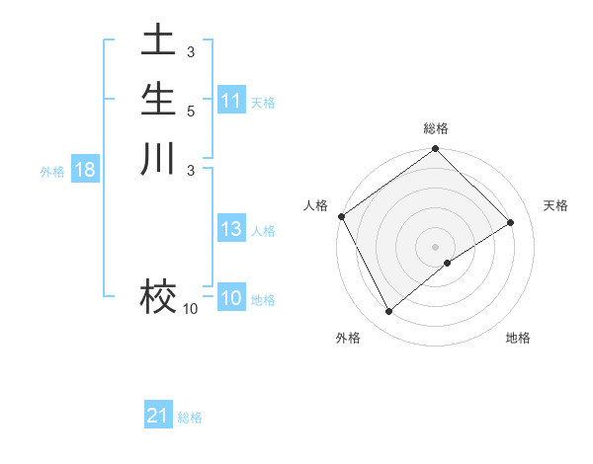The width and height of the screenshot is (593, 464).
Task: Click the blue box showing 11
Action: point(231,101)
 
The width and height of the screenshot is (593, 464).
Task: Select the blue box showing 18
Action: point(85,170)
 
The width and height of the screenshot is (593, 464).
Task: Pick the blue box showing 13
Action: point(231,229)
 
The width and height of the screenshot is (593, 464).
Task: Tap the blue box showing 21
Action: point(158,416)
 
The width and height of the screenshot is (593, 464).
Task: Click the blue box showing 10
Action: point(231,298)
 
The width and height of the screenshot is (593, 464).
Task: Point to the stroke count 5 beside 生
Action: point(190,111)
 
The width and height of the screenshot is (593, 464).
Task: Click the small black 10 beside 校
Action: point(190,309)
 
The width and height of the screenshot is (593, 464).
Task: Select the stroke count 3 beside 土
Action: point(190,51)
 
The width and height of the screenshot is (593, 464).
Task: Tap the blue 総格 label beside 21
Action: point(190,418)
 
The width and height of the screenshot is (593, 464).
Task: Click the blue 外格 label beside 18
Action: point(52,171)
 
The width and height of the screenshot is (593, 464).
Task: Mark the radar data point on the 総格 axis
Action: point(435,150)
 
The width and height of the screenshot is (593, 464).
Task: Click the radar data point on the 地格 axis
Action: point(448,263)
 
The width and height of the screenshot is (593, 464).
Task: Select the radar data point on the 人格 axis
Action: point(342,216)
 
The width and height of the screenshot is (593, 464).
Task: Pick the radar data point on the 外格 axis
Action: point(388,312)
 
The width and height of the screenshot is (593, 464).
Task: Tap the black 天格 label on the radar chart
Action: point(555,205)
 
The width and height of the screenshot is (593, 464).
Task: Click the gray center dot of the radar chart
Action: point(435,246)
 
